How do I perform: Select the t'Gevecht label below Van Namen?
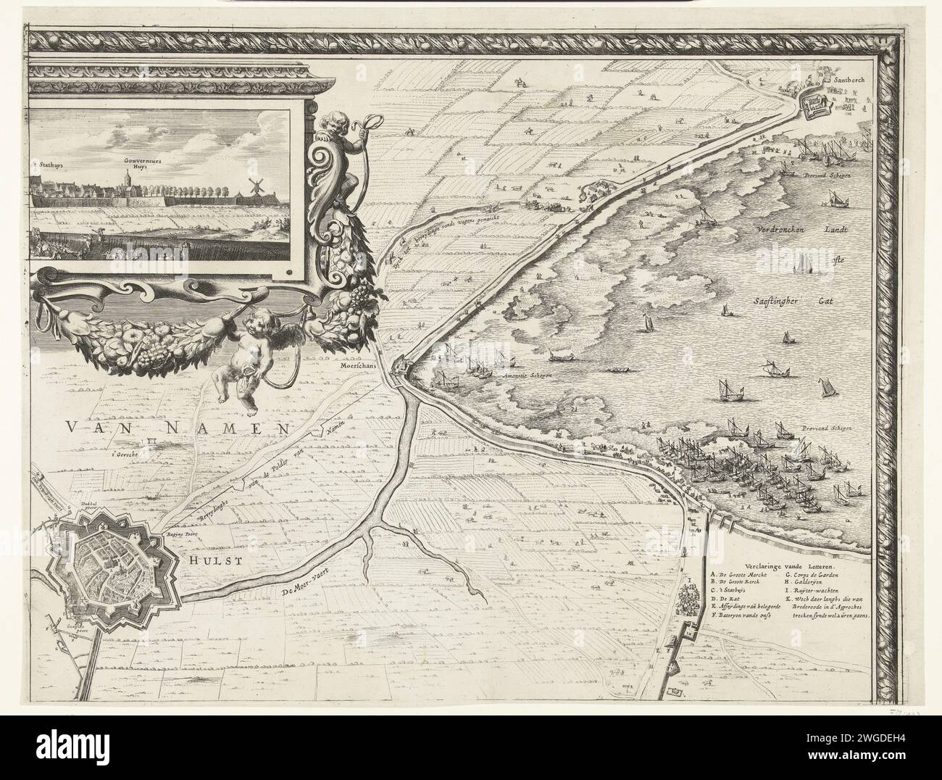[x=125, y=455]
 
